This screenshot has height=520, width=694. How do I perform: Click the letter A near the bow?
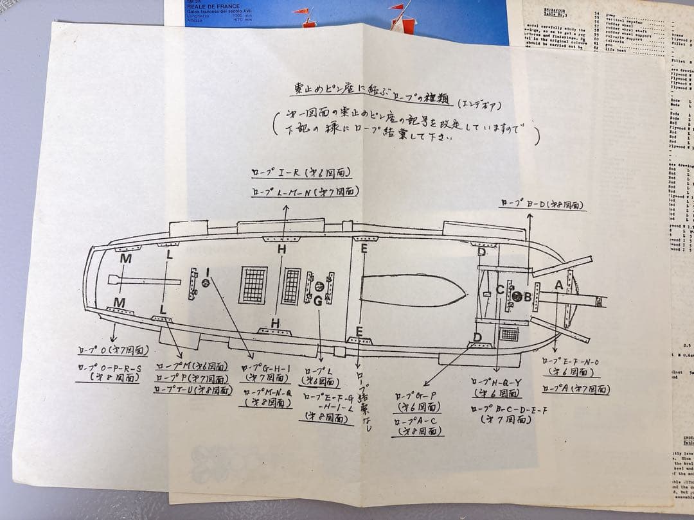point(558,284)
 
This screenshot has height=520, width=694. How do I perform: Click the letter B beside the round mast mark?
point(528,297)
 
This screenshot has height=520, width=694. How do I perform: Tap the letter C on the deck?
point(500,290)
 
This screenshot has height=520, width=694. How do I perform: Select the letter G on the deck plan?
point(317,300)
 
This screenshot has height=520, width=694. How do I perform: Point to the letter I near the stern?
point(207,272)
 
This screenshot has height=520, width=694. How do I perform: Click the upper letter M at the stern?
point(126,258)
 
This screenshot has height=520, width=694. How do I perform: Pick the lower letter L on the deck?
point(163,310)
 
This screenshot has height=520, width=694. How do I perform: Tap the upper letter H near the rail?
point(281,249)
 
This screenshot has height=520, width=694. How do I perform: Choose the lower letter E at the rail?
point(359,331)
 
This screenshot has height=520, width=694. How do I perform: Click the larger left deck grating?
point(253,285)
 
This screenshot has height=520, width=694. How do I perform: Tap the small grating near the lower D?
point(509,334)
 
